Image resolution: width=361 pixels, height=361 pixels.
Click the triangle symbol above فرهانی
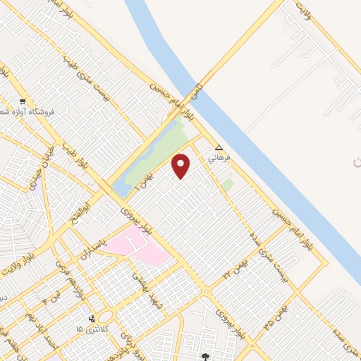219,148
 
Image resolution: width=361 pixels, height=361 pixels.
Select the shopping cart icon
23,101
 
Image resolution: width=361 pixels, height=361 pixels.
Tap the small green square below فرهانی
227,185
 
